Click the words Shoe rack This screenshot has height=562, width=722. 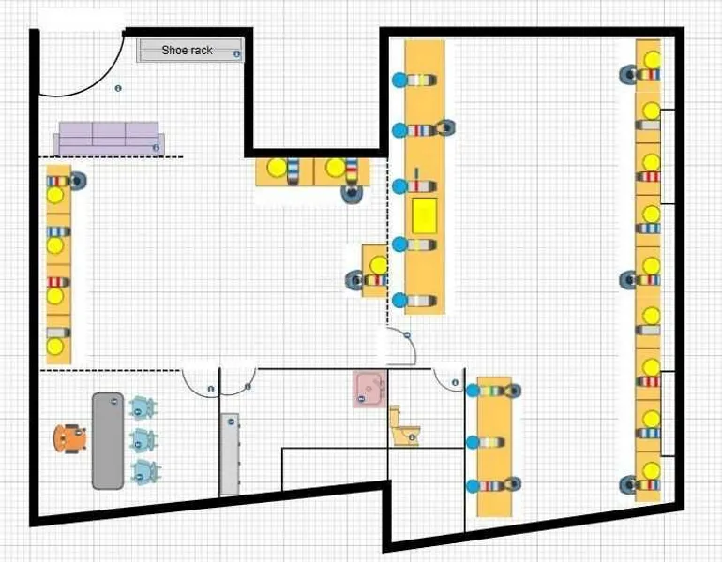pyautogui.click(x=187, y=51)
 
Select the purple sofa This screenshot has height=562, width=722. pyautogui.click(x=109, y=138)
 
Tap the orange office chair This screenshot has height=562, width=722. pyautogui.click(x=69, y=437)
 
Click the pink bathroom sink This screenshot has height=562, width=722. pyautogui.click(x=369, y=389)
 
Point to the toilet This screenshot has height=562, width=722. pyautogui.click(x=404, y=426)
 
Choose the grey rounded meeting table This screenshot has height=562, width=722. pyautogui.click(x=107, y=440)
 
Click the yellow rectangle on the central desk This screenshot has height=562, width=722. pyautogui.click(x=424, y=215)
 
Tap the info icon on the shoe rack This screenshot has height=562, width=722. pyautogui.click(x=236, y=54)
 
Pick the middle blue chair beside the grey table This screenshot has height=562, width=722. pyautogui.click(x=143, y=438)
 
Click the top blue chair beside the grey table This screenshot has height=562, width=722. pyautogui.click(x=143, y=407)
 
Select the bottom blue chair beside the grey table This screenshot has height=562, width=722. pyautogui.click(x=143, y=471)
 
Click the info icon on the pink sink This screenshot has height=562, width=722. pyautogui.click(x=379, y=394)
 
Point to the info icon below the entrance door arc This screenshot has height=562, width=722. pyautogui.click(x=118, y=88)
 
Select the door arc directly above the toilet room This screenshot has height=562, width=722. pyautogui.click(x=403, y=348)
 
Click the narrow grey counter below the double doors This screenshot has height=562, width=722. pyautogui.click(x=230, y=454)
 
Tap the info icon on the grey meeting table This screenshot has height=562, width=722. pyautogui.click(x=113, y=401)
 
